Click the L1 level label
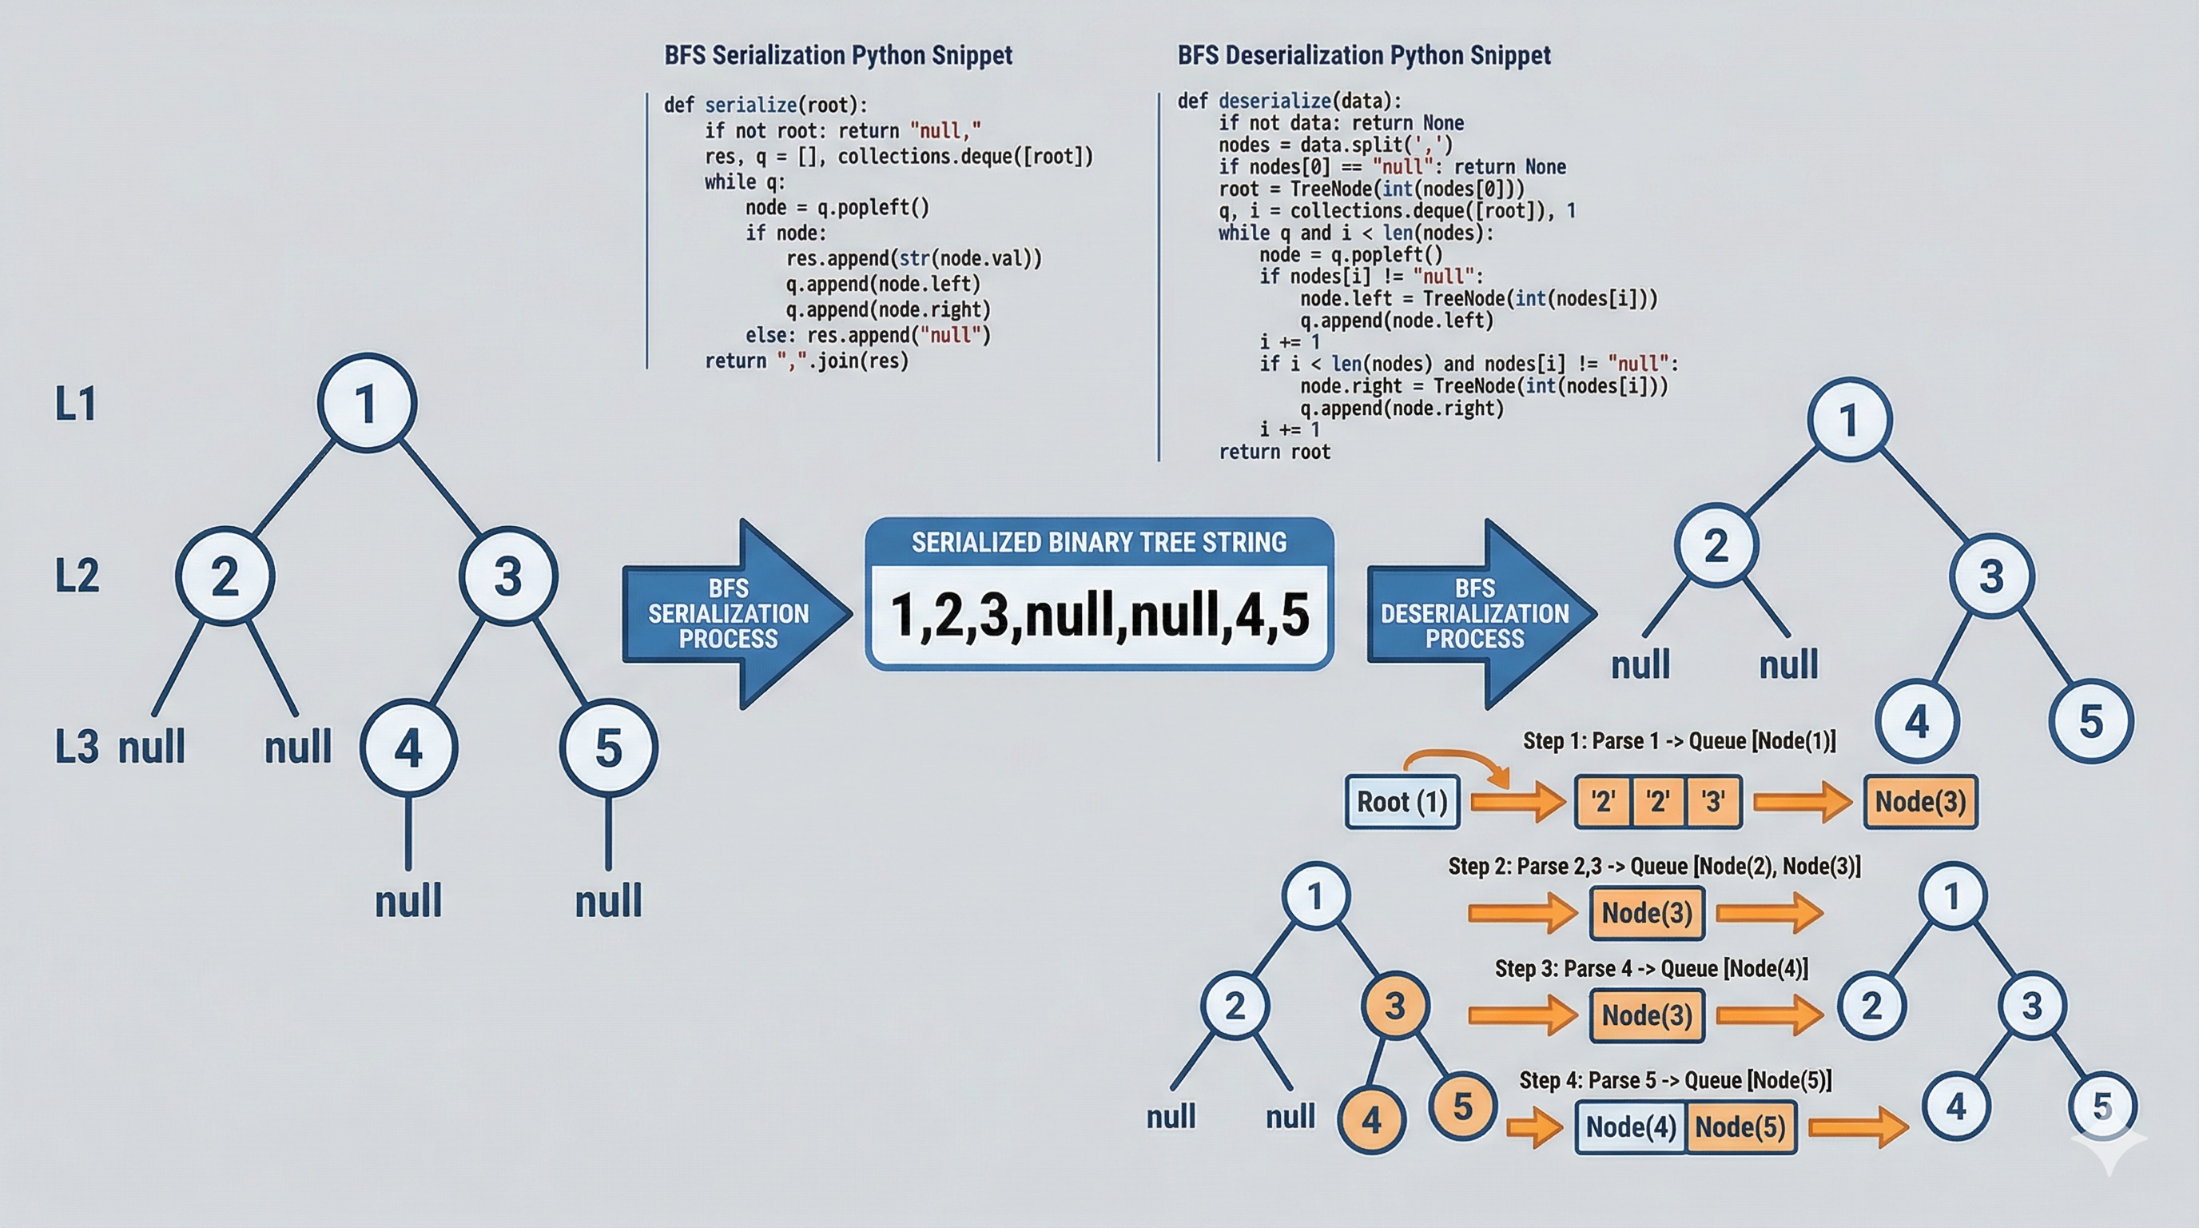[75, 404]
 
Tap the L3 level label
[77, 748]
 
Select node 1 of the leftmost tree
[367, 403]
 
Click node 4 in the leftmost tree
[408, 748]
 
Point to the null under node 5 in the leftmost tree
[608, 902]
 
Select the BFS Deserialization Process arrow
[1475, 613]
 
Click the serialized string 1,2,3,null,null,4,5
[1099, 615]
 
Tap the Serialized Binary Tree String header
[1099, 542]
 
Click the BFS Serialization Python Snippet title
[837, 55]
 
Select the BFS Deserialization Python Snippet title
[1363, 55]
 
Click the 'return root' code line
[1274, 452]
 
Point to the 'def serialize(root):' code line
[765, 105]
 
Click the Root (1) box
[1402, 802]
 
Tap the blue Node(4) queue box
[1630, 1127]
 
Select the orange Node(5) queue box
[1740, 1127]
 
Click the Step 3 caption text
[1651, 968]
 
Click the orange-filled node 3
[1394, 1006]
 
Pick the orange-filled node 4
[1371, 1119]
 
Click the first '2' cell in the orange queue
[1602, 802]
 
